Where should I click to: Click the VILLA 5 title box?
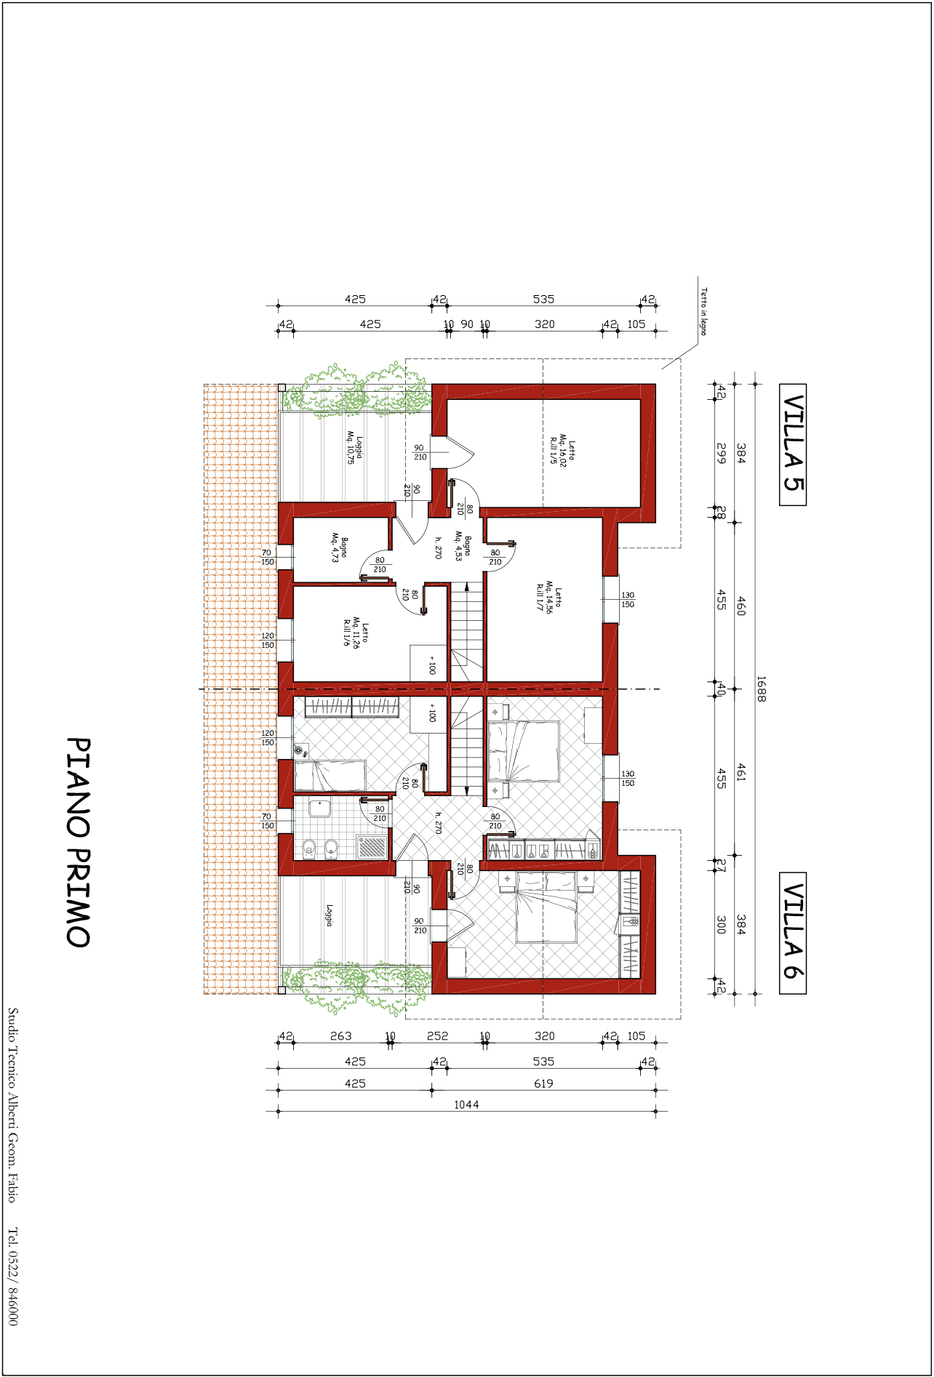pos(792,444)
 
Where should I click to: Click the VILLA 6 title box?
pos(792,933)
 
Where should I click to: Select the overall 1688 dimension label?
pos(761,688)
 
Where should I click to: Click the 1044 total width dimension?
pos(466,1104)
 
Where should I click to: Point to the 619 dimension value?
pos(543,1083)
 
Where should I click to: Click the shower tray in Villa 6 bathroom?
pos(373,846)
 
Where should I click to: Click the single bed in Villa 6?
pos(330,776)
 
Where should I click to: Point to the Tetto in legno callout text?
pos(703,311)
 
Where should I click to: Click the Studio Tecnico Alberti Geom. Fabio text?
pos(12,1105)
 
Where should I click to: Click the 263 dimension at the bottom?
pos(340,1036)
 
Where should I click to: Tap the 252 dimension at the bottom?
pos(437,1036)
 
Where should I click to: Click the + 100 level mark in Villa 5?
pos(432,666)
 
